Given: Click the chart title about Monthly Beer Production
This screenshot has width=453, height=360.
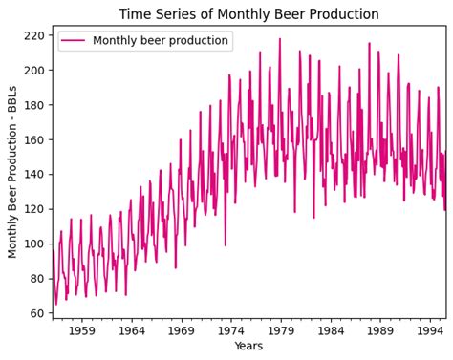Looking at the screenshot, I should coord(248,14).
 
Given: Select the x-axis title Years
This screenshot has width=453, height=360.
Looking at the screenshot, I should coord(248,346).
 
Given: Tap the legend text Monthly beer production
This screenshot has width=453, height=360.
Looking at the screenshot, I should coord(161,41).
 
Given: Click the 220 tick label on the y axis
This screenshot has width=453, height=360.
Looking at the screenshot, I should coord(35,35).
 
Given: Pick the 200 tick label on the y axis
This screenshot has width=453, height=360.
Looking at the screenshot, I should coord(35,71).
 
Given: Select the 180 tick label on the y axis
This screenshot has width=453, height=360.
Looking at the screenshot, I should coord(35,105).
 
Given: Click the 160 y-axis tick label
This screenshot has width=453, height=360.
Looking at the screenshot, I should coord(35,139).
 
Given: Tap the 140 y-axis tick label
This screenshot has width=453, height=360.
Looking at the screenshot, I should coord(35,175).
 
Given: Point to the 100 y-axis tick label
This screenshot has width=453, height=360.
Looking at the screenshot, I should coord(35,244).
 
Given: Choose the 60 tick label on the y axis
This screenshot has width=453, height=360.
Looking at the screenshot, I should coord(38,313).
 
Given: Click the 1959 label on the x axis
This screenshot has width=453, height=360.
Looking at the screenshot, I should coord(82,330).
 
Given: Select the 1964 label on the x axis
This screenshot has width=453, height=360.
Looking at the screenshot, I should coord(132,330).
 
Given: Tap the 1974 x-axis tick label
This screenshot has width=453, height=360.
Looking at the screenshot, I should coord(231,330).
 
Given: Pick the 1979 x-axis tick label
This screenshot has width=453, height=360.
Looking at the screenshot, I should coord(281,330).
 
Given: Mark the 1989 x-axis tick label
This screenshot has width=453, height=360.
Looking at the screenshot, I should coord(380,330).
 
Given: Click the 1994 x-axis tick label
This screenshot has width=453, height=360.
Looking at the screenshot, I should coord(430,330).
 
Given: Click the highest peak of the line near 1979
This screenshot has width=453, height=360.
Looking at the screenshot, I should coord(280,40).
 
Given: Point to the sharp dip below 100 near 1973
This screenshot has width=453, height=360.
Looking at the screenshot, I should coord(226,244).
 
